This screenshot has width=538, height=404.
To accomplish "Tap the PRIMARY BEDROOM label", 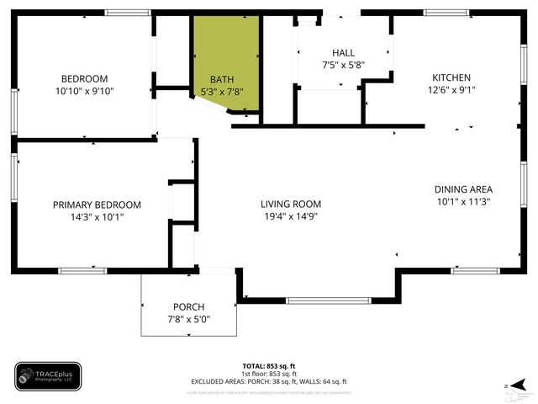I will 97,205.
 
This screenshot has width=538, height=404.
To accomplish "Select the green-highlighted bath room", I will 224,59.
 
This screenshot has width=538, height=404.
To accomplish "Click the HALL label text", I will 343,52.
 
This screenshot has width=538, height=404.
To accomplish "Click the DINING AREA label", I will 463,189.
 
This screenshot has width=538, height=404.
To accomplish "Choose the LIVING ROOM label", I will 291,204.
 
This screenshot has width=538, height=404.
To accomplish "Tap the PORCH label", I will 189,306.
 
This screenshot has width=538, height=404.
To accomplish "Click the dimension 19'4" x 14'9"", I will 291,216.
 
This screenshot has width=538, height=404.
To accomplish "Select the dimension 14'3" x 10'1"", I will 97,217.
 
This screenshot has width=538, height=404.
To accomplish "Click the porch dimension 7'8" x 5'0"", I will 189,319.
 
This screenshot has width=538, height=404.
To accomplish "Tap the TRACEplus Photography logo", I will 48,376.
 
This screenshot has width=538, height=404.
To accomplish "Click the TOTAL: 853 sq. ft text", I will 269,366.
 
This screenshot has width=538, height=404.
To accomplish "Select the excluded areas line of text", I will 269,382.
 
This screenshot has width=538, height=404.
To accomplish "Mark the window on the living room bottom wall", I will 328,300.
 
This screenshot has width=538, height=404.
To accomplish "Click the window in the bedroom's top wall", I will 128,13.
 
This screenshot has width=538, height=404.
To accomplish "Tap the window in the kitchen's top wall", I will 446,13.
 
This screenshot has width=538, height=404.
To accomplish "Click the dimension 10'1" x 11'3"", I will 463,202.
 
